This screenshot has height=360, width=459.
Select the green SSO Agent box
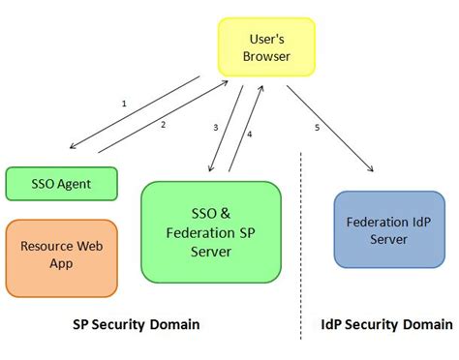coord(61,182)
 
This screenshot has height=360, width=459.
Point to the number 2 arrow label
coord(163,124)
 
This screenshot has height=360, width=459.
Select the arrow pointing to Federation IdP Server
coord(329,129)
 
